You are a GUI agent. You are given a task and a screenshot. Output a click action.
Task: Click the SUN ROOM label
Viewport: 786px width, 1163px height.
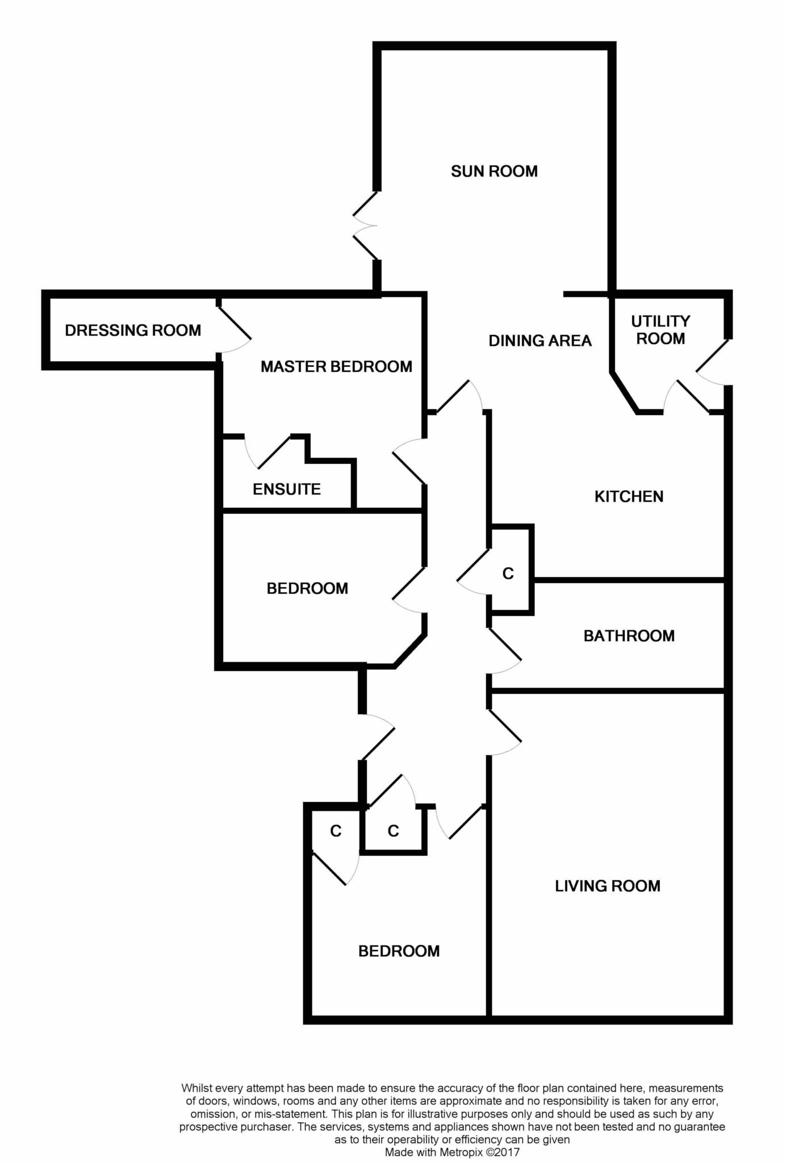pos(494,171)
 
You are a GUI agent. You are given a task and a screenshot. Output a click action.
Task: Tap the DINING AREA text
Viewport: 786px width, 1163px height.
pos(540,341)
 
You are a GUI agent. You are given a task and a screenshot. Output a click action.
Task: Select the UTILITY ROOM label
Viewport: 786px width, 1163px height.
pos(660,330)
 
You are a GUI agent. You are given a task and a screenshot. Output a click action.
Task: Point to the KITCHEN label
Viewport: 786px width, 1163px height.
pos(629,496)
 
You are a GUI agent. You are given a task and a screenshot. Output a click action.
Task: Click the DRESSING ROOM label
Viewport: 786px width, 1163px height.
pos(133,330)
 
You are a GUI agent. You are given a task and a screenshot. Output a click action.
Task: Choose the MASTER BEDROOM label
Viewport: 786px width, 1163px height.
pos(336,366)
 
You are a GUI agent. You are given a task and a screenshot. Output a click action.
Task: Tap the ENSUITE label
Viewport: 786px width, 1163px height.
pos(287,489)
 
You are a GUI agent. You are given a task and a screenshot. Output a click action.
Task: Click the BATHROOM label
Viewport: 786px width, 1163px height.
pos(629,635)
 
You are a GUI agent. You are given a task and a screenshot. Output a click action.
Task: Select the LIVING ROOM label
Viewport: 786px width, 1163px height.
pos(608,886)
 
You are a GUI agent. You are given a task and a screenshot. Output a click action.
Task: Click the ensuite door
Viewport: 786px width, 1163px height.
pos(267,452)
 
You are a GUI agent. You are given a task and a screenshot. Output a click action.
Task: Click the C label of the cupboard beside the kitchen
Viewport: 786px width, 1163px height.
pos(508,574)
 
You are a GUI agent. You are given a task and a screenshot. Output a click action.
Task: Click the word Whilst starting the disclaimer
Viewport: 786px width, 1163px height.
pos(196,1088)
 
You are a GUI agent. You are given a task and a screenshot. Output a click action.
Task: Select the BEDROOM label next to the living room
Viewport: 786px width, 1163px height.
pos(399,951)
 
